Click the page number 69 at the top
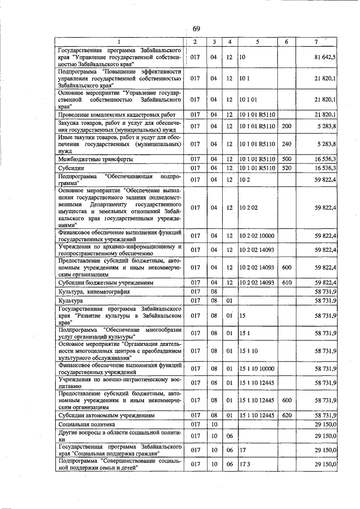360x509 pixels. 196,29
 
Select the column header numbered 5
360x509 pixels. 257,42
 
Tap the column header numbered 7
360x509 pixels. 317,42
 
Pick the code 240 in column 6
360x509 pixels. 286,143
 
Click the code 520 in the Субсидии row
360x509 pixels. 286,168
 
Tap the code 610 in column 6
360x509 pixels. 286,282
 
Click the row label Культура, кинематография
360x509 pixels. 94,292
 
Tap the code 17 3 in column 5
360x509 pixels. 246,464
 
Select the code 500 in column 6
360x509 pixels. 286,159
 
